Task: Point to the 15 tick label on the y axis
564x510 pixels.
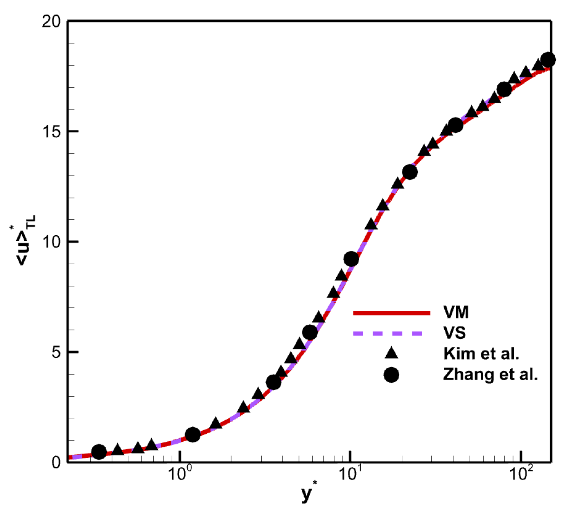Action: pos(51,132)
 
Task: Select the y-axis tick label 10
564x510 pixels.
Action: pos(51,241)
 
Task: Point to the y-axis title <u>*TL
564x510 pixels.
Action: pos(25,241)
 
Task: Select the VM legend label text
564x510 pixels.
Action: pos(456,312)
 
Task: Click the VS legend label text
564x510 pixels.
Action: pos(454,333)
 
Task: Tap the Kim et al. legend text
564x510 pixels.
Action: pos(481,353)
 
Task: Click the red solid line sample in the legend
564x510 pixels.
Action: pos(391,313)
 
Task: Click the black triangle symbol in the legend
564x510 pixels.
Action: pos(391,353)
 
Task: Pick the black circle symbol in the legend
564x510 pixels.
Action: pos(391,375)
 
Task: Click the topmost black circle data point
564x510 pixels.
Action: pos(548,60)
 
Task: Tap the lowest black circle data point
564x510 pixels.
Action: pos(99,452)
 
